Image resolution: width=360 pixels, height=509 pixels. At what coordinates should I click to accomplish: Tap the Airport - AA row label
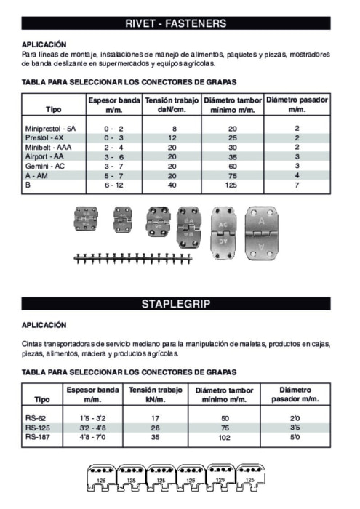(x=46, y=156)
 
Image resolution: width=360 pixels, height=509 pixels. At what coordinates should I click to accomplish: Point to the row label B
(x=28, y=185)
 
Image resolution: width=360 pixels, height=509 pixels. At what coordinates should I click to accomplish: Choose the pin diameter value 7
(x=297, y=185)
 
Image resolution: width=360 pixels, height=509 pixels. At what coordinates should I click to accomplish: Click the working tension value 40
(x=172, y=185)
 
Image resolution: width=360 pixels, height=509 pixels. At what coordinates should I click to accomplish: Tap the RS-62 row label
(x=36, y=419)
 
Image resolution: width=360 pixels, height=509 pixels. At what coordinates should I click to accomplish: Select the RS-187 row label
(x=37, y=437)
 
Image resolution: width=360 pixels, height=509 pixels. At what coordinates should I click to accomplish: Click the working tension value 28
(x=154, y=428)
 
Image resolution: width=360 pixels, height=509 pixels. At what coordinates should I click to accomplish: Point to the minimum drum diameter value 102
(x=225, y=437)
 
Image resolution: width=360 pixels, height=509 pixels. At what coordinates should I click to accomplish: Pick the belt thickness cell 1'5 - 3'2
(x=92, y=419)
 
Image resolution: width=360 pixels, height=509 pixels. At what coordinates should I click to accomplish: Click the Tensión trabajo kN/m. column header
(x=154, y=395)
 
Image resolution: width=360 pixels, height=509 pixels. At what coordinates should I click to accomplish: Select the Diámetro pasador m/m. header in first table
(x=297, y=103)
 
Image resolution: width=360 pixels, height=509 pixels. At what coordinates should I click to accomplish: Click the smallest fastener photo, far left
(x=86, y=219)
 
